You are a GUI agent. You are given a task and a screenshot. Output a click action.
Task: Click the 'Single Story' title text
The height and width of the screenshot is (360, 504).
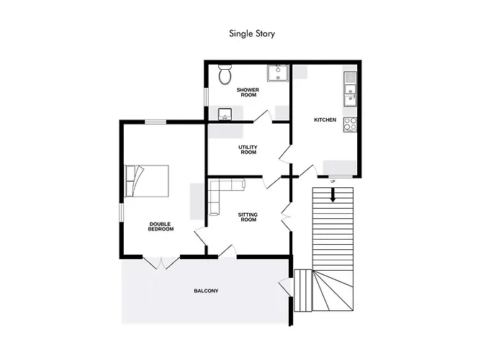pyautogui.click(x=252, y=33)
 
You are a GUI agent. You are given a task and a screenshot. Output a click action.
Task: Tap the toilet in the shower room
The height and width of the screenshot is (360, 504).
pyautogui.click(x=225, y=73)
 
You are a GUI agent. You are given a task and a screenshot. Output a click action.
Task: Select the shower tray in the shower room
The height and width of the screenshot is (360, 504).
pyautogui.click(x=277, y=73)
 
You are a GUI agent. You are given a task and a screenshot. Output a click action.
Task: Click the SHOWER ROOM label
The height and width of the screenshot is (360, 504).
pyautogui.click(x=248, y=92)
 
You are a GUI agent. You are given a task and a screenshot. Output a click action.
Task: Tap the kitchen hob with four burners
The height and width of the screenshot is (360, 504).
pyautogui.click(x=351, y=124)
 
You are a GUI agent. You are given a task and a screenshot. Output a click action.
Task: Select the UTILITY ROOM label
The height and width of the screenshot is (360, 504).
pyautogui.click(x=248, y=150)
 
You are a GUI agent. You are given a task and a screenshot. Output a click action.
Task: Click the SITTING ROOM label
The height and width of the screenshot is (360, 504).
pyautogui.click(x=248, y=217)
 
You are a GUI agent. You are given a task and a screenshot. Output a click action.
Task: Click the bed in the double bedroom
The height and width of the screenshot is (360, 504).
pyautogui.click(x=148, y=180)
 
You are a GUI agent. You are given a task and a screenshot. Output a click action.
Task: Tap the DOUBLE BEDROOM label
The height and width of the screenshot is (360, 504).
pyautogui.click(x=161, y=226)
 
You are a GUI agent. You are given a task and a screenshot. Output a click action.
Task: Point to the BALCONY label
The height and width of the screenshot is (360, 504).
pyautogui.click(x=206, y=291)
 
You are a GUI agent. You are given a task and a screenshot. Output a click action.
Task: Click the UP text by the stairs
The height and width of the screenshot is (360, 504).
pyautogui.click(x=333, y=181)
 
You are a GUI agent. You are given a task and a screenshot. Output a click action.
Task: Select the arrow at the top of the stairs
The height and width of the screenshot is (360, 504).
pyautogui.click(x=333, y=194)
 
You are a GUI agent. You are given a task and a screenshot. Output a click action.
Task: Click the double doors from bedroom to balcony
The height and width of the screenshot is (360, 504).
pyautogui.click(x=161, y=262)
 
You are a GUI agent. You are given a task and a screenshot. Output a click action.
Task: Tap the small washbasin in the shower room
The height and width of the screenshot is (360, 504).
pyautogui.click(x=225, y=114)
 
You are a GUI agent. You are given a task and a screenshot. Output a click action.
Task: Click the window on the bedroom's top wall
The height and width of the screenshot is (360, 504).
pyautogui.click(x=156, y=122)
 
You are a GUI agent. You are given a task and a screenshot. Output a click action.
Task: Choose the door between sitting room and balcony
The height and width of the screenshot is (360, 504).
pyautogui.click(x=228, y=251)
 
